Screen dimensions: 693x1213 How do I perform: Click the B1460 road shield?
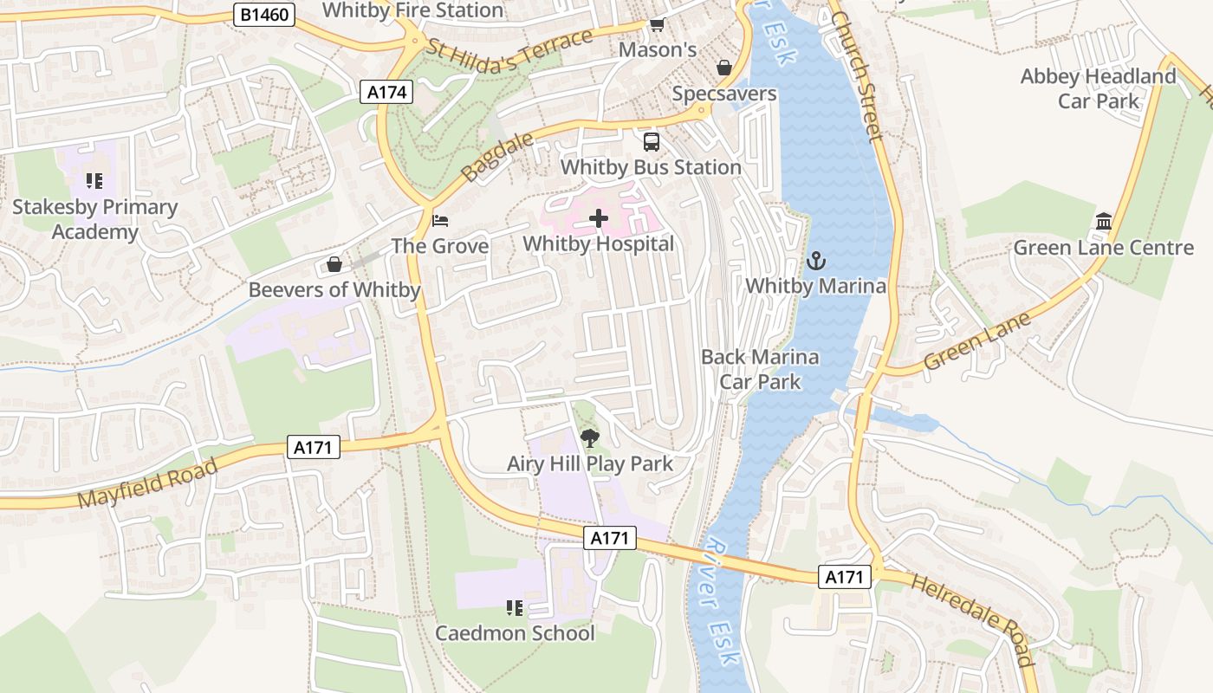264,14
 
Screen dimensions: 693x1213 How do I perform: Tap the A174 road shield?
386,93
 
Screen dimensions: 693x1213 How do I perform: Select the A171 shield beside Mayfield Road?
314,447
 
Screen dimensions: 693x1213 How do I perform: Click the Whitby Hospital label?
598,244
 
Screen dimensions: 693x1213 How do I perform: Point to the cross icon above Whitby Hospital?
598,218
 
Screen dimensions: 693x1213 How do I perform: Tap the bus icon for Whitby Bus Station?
651,142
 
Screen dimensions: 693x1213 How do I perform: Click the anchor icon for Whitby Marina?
815,260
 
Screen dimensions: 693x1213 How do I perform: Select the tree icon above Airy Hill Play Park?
590,438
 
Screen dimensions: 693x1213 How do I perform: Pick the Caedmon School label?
515,633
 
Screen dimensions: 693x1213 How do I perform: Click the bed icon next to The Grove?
440,220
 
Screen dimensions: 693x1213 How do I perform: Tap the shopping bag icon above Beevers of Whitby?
334,264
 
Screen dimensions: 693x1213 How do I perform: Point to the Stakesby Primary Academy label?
94,219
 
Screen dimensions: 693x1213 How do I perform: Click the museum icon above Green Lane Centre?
1103,222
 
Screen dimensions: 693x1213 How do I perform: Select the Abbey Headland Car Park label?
1098,88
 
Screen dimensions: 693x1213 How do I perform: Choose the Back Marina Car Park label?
760,369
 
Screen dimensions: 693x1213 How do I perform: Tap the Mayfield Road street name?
147,485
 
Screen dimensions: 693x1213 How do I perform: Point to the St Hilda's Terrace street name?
510,49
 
